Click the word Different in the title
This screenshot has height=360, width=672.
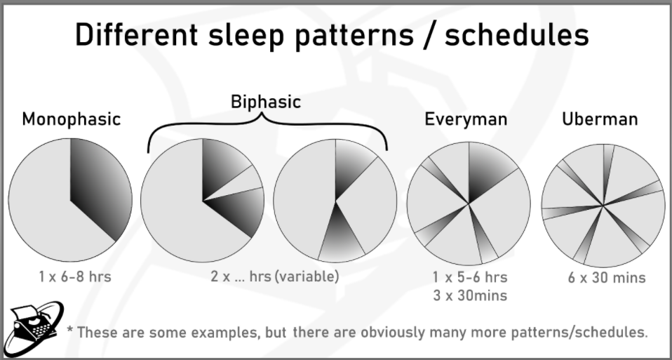point(137,34)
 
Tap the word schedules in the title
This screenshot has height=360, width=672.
point(517,34)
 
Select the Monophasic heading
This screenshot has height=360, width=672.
point(71,119)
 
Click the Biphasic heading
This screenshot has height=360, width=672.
point(266,102)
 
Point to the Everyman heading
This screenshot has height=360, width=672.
point(466,119)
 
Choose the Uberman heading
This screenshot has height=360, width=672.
point(600,119)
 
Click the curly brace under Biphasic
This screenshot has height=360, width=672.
point(267,124)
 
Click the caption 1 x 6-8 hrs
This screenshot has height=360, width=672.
point(75,277)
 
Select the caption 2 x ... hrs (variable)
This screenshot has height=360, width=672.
point(275,276)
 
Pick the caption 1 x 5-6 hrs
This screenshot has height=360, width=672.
point(470,277)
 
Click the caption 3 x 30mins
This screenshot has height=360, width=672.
point(470,295)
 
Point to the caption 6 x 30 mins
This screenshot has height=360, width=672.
point(607,278)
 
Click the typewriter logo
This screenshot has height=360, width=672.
point(34,328)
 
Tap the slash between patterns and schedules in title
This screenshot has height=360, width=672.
point(429,35)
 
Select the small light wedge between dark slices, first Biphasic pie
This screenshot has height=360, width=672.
point(239,185)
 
